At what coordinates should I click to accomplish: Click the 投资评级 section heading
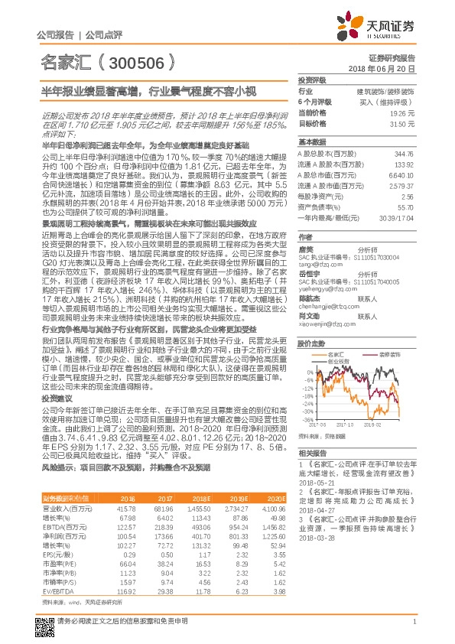click(x=312, y=80)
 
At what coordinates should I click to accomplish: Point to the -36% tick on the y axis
click(x=307, y=420)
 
